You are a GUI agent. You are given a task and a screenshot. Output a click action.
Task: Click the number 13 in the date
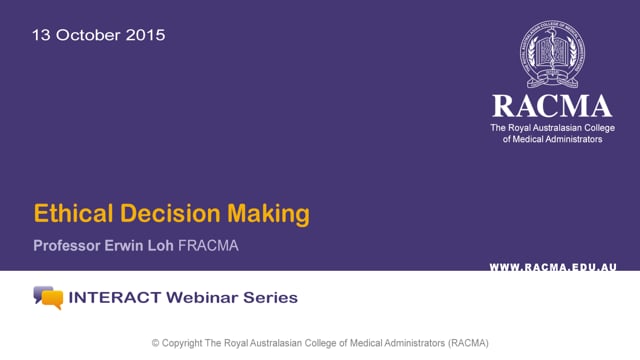(x=41, y=35)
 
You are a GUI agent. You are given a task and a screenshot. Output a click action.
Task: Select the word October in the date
(x=88, y=35)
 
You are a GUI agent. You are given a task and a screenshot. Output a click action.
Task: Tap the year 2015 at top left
(x=146, y=35)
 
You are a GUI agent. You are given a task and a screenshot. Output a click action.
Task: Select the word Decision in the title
(x=172, y=214)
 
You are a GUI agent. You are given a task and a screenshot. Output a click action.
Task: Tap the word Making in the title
(x=273, y=214)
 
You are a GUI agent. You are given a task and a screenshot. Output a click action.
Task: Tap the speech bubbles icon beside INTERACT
(x=48, y=297)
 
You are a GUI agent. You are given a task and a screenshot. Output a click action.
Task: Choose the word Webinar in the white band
(x=201, y=298)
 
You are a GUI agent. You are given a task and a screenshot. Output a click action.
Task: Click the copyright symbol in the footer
(x=156, y=343)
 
